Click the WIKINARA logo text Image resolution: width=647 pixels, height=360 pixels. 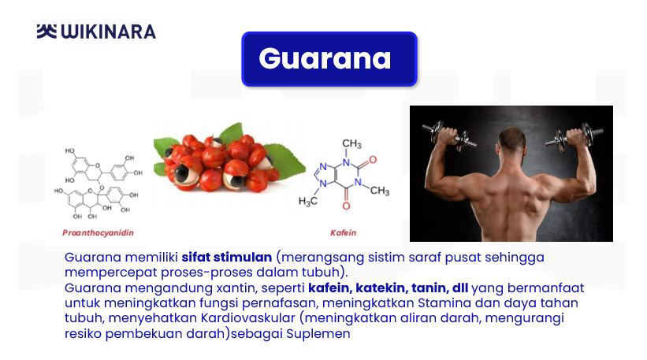pyautogui.click(x=109, y=32)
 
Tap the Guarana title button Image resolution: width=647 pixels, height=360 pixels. pyautogui.click(x=329, y=59)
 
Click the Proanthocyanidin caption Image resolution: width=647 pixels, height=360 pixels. pyautogui.click(x=99, y=232)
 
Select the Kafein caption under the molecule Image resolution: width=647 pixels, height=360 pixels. pyautogui.click(x=343, y=232)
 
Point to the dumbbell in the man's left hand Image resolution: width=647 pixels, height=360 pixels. pyautogui.click(x=449, y=134)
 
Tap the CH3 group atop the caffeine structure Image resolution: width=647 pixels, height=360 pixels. pyautogui.click(x=351, y=143)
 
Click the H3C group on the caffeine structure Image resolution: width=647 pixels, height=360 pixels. pyautogui.click(x=308, y=201)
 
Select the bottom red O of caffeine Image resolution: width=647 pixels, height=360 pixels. pyautogui.click(x=346, y=206)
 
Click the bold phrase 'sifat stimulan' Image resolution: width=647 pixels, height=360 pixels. pyautogui.click(x=226, y=257)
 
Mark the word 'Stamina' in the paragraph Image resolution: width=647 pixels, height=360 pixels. pyautogui.click(x=444, y=302)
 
